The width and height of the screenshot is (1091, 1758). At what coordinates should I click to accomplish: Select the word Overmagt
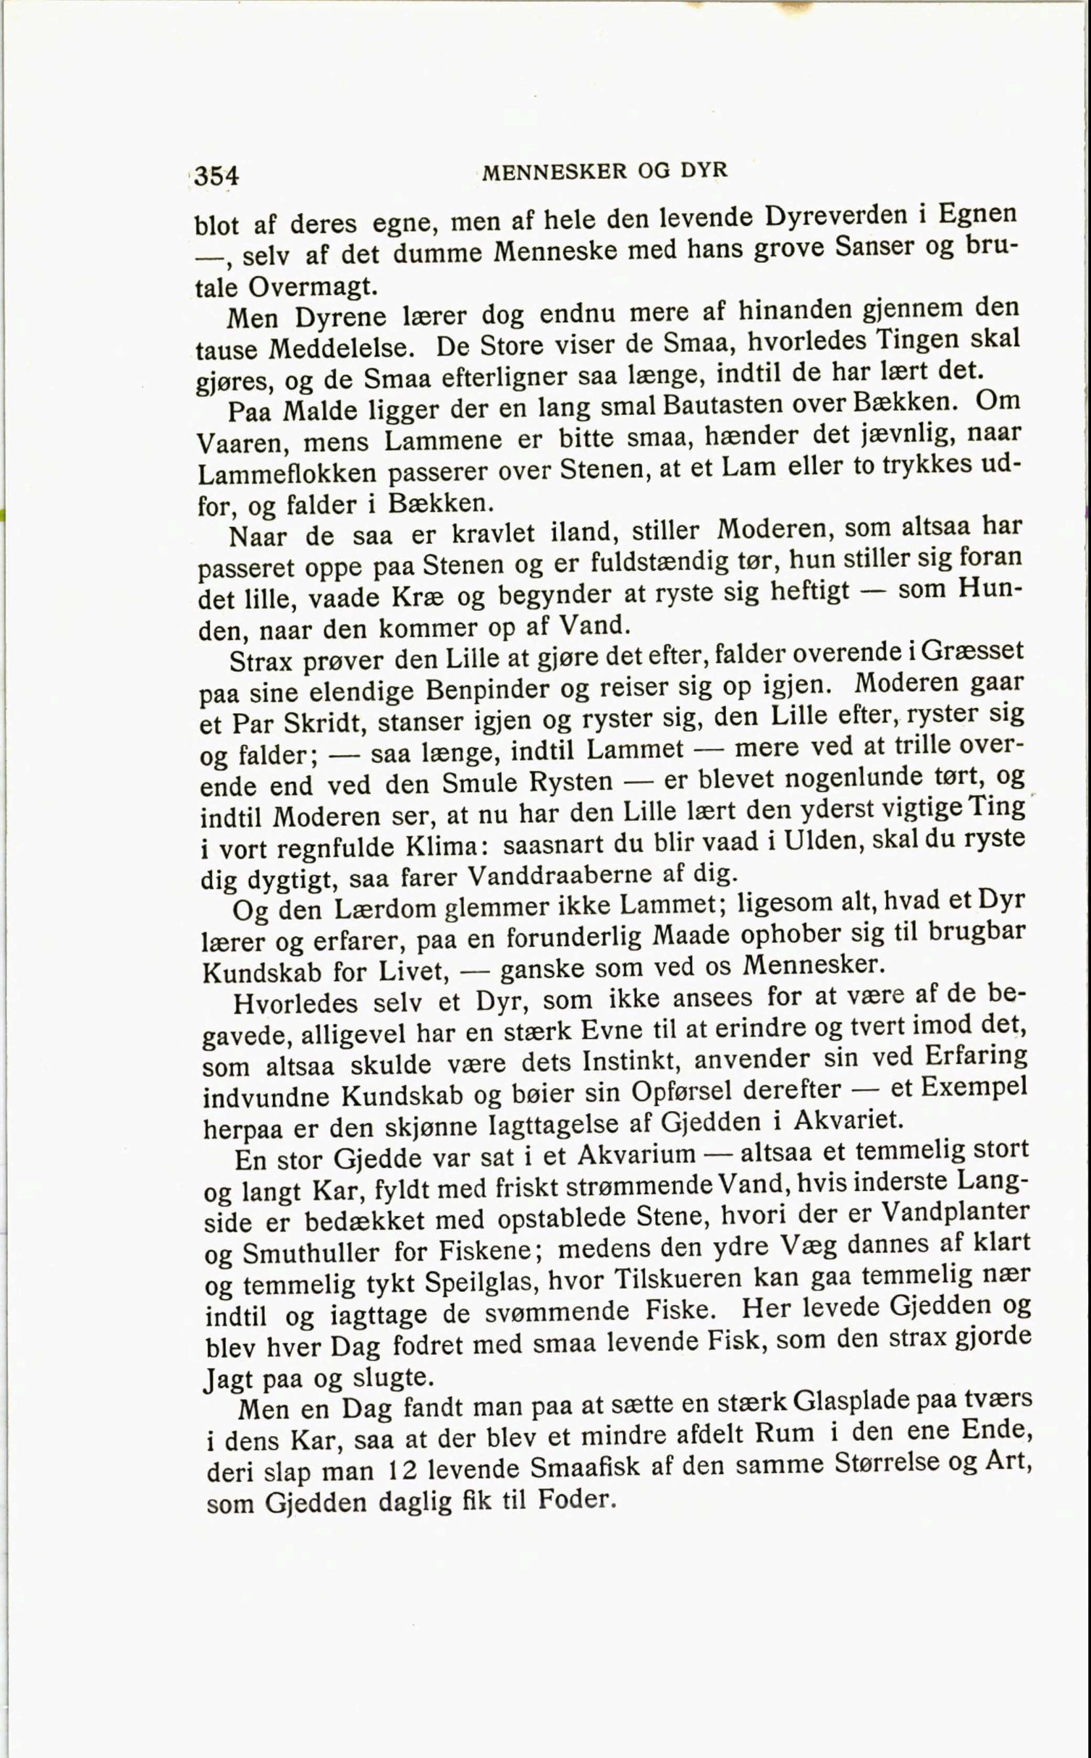click(312, 287)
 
